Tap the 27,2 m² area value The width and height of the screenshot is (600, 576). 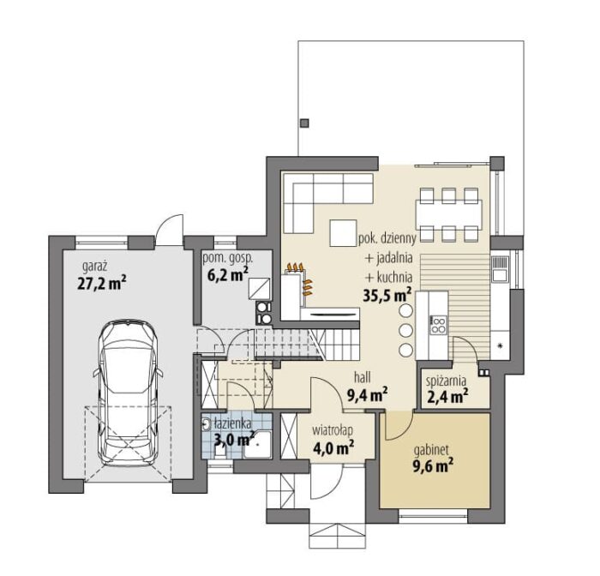click(102, 284)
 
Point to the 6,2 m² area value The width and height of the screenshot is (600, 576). click(228, 274)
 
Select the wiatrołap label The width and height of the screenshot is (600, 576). click(333, 429)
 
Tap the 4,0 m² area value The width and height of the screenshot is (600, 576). click(333, 447)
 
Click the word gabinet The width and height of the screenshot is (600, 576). click(431, 451)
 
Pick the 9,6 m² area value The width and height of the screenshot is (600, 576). click(433, 467)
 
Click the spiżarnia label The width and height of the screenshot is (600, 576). click(447, 381)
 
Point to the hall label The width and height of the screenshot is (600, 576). click(362, 378)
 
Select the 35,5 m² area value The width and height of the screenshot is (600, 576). click(387, 296)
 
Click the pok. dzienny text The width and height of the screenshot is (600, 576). click(387, 239)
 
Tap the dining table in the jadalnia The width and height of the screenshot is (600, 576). click(449, 214)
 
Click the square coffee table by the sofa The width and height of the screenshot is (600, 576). click(343, 233)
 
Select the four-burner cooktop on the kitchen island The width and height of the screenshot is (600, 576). click(439, 325)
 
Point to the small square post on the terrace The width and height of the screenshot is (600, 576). click(304, 123)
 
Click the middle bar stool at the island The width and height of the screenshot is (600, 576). click(405, 329)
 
